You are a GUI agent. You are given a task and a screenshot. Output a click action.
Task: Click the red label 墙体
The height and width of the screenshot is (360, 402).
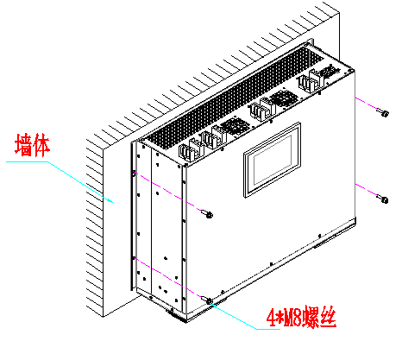point(33,145)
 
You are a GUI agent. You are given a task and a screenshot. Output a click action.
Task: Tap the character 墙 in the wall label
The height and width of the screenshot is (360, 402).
point(23,145)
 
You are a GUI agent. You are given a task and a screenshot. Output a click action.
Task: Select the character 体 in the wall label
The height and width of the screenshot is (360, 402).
point(41,145)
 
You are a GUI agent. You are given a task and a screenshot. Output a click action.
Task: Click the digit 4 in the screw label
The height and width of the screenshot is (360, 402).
point(271,319)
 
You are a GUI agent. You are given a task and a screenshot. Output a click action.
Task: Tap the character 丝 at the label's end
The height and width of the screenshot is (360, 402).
point(328,318)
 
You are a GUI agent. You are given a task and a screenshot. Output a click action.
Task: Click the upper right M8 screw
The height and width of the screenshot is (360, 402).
point(383,112)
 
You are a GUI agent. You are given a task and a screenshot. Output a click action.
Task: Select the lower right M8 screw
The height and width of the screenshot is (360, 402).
point(383,199)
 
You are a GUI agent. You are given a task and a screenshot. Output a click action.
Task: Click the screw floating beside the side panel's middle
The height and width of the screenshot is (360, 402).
point(207,214)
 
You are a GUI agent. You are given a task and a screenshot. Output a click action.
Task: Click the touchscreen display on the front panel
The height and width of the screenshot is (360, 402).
point(272,160)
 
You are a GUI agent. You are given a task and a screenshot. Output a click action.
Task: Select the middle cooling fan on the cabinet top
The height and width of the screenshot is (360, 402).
point(283,98)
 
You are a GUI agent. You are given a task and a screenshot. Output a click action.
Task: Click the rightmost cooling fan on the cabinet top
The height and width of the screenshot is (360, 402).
point(330,71)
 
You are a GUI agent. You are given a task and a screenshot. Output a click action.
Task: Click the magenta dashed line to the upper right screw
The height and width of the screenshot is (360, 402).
point(367,104)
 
